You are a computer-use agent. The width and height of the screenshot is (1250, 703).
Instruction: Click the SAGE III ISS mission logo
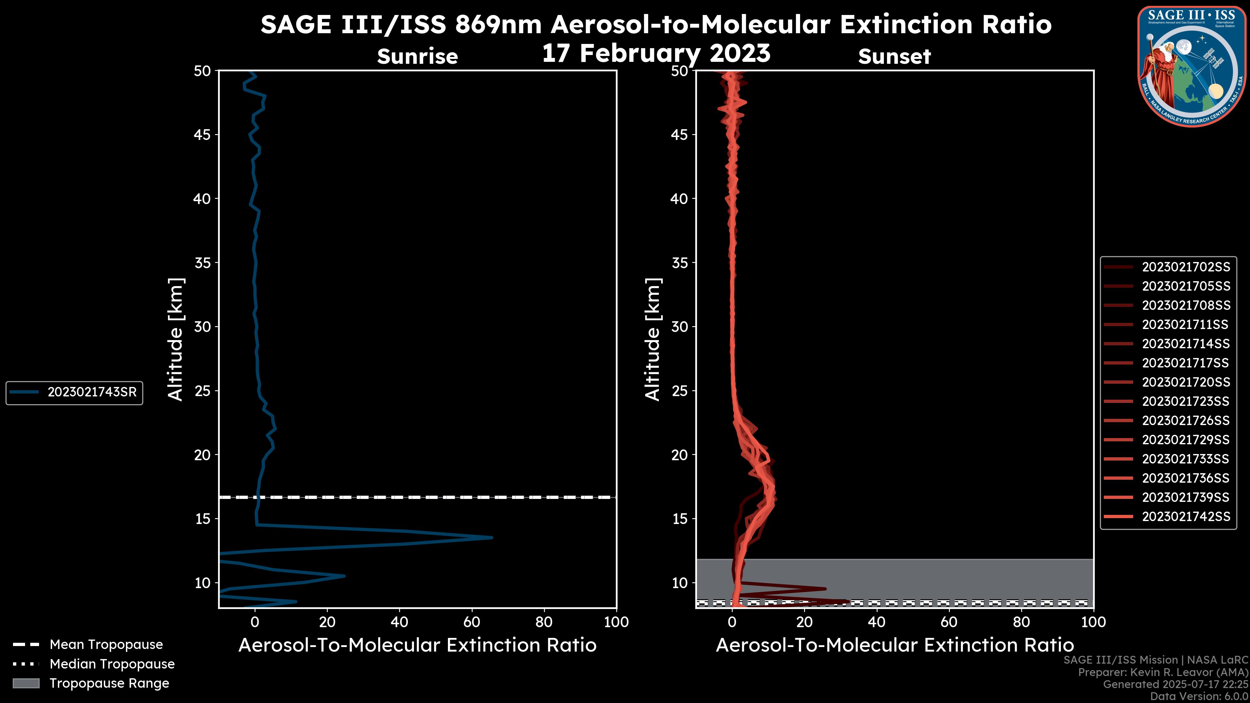[1192, 66]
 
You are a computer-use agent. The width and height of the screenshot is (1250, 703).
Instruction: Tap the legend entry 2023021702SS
[1186, 267]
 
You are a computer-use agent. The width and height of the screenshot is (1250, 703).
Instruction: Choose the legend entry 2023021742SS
[1186, 517]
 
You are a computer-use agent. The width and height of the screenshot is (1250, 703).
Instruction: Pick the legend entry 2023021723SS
[1186, 402]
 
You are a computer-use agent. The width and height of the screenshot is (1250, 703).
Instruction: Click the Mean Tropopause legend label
[106, 645]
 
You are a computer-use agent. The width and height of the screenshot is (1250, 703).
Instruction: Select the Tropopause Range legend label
[109, 683]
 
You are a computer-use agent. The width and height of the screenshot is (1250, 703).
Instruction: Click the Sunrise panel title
[417, 57]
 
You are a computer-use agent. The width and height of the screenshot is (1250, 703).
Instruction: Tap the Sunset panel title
[894, 57]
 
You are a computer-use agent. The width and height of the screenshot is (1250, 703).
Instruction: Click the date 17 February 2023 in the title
[656, 53]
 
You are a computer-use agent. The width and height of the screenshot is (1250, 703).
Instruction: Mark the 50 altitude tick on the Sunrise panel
[202, 71]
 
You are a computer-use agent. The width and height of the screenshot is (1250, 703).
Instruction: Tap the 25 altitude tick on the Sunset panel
[679, 391]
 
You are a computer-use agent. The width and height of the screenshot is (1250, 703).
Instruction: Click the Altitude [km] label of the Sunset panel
[653, 339]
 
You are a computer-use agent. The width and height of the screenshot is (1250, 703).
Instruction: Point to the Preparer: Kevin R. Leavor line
[1163, 672]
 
